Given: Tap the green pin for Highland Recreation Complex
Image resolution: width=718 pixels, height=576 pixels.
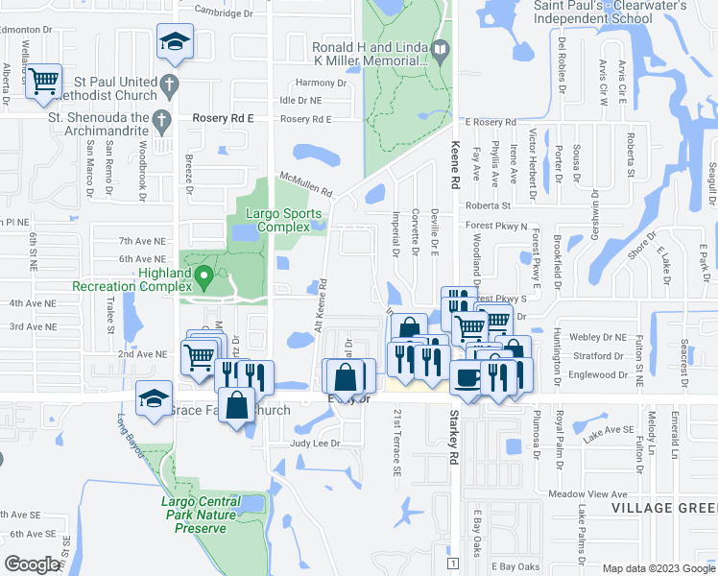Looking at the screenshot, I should pyautogui.click(x=203, y=278).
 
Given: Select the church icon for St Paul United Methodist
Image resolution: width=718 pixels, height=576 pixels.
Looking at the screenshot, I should pyautogui.click(x=169, y=83).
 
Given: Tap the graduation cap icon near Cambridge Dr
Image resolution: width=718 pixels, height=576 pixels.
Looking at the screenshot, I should pyautogui.click(x=176, y=41).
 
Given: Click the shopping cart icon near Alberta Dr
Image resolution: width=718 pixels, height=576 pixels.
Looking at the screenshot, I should pyautogui.click(x=44, y=81).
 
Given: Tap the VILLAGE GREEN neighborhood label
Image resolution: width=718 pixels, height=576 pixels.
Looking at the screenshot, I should pyautogui.click(x=668, y=507).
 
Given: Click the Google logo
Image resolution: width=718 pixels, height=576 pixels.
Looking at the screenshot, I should pyautogui.click(x=33, y=564).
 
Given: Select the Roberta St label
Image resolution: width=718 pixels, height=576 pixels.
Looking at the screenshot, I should pyautogui.click(x=488, y=205).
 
